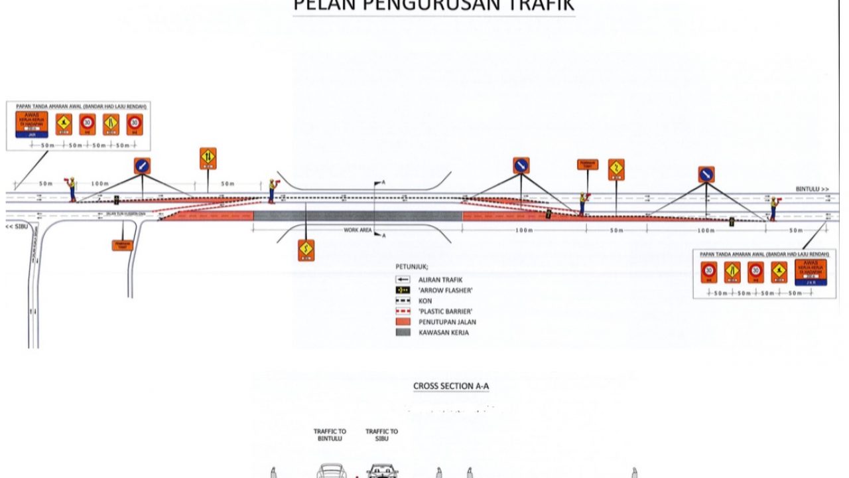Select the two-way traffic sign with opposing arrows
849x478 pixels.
tap(208, 157)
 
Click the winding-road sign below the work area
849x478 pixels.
tap(306, 250)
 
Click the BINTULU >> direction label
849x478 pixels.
tap(813, 189)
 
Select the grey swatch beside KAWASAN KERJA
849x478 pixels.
tap(403, 332)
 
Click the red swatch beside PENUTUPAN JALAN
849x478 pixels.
tap(403, 322)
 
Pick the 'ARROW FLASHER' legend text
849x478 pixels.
tap(445, 290)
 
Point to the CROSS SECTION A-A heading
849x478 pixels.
tap(451, 386)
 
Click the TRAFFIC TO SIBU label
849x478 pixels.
tap(381, 435)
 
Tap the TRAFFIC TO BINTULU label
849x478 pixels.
tap(330, 435)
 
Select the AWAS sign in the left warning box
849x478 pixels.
tap(32, 124)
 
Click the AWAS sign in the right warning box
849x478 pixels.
tap(811, 272)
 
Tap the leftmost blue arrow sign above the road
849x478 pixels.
tap(142, 166)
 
